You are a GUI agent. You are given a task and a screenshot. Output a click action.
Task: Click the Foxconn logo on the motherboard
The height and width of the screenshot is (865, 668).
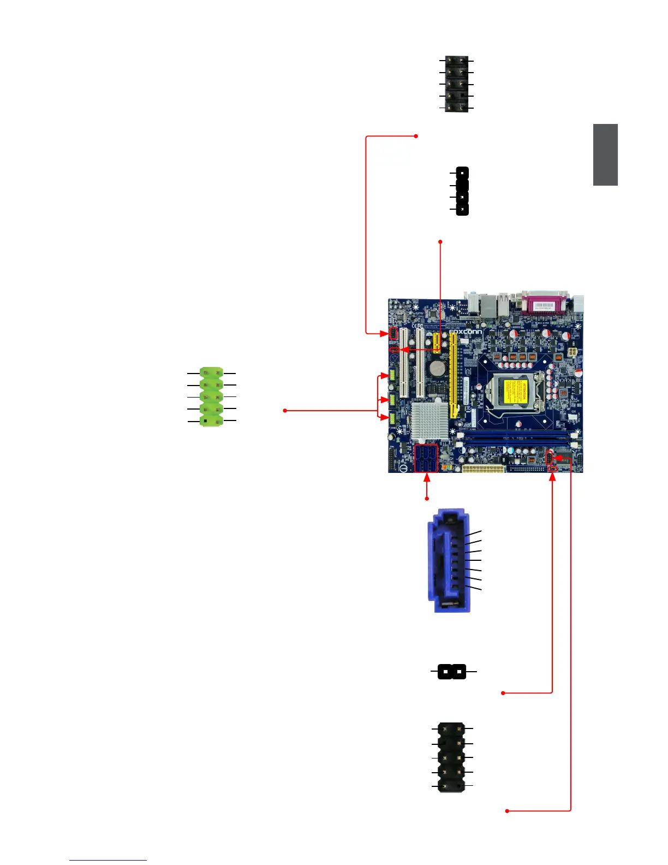tap(466, 332)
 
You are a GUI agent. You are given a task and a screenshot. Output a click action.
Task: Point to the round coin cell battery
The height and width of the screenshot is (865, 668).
tap(437, 369)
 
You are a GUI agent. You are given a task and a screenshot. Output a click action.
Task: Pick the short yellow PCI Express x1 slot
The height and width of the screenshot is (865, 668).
tap(437, 341)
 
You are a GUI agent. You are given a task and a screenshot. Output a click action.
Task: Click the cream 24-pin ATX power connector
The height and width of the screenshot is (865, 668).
tap(483, 469)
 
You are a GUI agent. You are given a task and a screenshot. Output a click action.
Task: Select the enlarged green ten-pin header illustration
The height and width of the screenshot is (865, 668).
tap(211, 396)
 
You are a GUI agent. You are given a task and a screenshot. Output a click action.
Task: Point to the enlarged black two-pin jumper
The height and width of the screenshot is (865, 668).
tap(452, 671)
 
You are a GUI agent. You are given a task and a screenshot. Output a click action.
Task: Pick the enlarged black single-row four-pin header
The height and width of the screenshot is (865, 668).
tap(462, 191)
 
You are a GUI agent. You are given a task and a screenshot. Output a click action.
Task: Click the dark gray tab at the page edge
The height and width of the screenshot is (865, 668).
tap(606, 155)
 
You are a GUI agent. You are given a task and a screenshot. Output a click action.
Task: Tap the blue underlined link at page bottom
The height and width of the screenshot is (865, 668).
tap(108, 860)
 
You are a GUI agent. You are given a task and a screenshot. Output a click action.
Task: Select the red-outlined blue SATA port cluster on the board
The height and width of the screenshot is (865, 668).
tap(426, 459)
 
